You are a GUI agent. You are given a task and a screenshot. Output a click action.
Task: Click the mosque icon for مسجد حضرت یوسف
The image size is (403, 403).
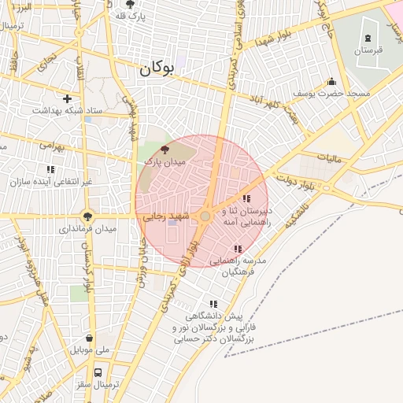click(x=331, y=81)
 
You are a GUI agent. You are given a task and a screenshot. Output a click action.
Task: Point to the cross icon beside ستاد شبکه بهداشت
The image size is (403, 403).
click(x=68, y=98)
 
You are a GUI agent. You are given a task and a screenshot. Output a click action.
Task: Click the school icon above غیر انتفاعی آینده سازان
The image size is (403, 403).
click(x=51, y=169)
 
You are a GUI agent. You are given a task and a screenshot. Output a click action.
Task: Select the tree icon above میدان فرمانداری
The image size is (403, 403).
click(x=87, y=215)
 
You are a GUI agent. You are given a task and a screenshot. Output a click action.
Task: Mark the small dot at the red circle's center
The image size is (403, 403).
click(x=205, y=216)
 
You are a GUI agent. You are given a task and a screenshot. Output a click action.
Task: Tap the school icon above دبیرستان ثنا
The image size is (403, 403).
click(x=246, y=198)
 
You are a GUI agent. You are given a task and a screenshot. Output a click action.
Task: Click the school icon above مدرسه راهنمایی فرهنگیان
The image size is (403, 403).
click(x=238, y=249)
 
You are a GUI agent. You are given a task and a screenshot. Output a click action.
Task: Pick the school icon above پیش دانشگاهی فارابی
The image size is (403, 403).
click(x=213, y=303)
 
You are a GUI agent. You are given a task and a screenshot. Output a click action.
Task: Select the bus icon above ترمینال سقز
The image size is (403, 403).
click(x=98, y=372)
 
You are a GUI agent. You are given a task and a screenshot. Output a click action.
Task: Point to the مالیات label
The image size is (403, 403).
click(x=331, y=159)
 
